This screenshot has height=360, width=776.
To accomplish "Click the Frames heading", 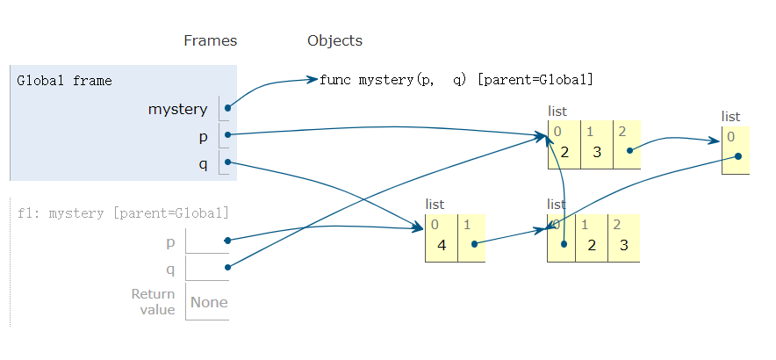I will [x=210, y=40].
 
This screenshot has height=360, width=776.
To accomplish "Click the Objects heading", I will [x=334, y=40].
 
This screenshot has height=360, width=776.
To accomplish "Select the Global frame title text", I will [x=64, y=81].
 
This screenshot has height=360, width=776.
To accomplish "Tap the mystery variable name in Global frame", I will [x=177, y=109].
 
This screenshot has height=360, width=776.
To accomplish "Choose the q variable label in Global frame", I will [x=203, y=163].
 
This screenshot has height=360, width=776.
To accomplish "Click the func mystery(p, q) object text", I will [x=456, y=80].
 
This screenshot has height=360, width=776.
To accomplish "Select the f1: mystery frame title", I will [x=123, y=212].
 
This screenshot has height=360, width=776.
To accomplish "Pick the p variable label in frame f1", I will [x=170, y=241].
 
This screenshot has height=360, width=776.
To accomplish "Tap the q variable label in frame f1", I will [x=170, y=268].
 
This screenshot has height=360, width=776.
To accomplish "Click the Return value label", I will [x=153, y=302].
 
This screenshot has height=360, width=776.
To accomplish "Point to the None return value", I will [x=209, y=302].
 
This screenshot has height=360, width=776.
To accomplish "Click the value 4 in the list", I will [x=442, y=245].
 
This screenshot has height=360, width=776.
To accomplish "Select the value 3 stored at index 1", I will [x=596, y=151].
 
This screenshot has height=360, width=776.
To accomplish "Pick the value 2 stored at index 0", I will [x=564, y=151].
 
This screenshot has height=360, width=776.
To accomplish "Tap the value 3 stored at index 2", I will [x=624, y=245].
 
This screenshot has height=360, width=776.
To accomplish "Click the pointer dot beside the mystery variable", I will [x=227, y=108].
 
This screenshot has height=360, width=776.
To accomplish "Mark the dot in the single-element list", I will [x=738, y=156].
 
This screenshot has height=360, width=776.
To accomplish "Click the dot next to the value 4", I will [x=473, y=244].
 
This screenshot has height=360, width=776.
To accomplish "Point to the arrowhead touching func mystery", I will [x=313, y=80].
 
